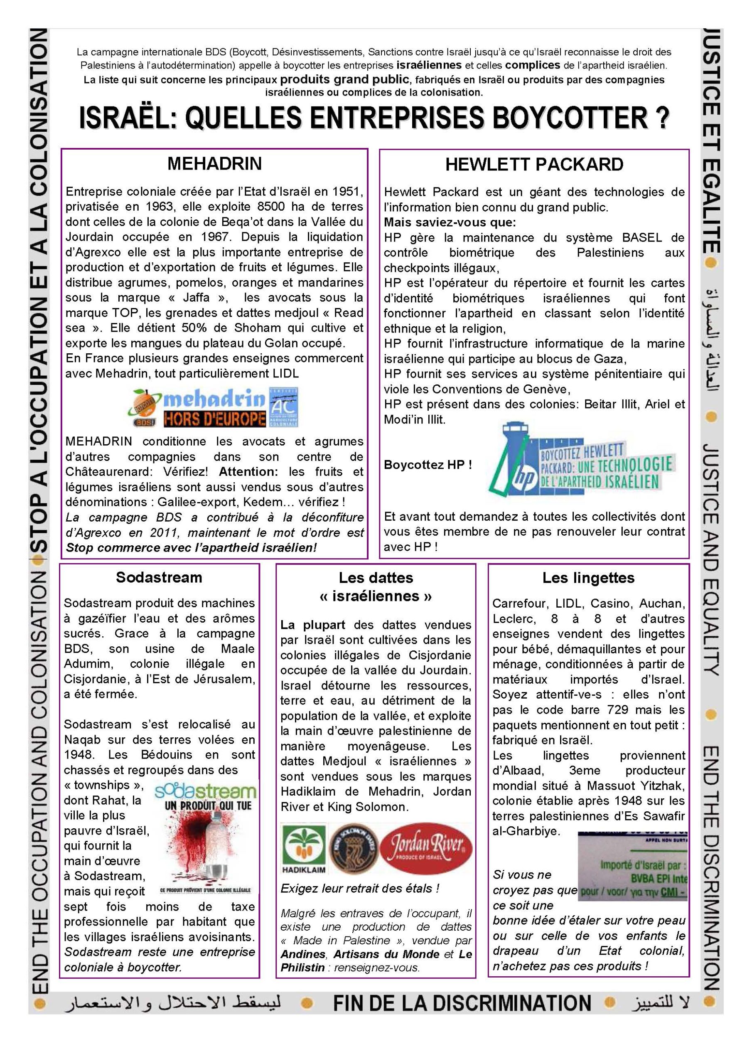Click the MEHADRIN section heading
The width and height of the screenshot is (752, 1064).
tap(214, 164)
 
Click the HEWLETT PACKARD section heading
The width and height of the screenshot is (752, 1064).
tap(534, 165)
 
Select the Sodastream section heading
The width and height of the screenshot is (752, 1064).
tap(159, 577)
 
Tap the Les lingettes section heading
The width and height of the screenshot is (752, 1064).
tap(588, 578)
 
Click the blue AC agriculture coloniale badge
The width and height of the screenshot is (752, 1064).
tap(284, 406)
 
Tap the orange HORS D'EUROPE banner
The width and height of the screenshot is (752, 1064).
tap(214, 419)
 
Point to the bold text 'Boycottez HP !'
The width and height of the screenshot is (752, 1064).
tap(428, 464)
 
